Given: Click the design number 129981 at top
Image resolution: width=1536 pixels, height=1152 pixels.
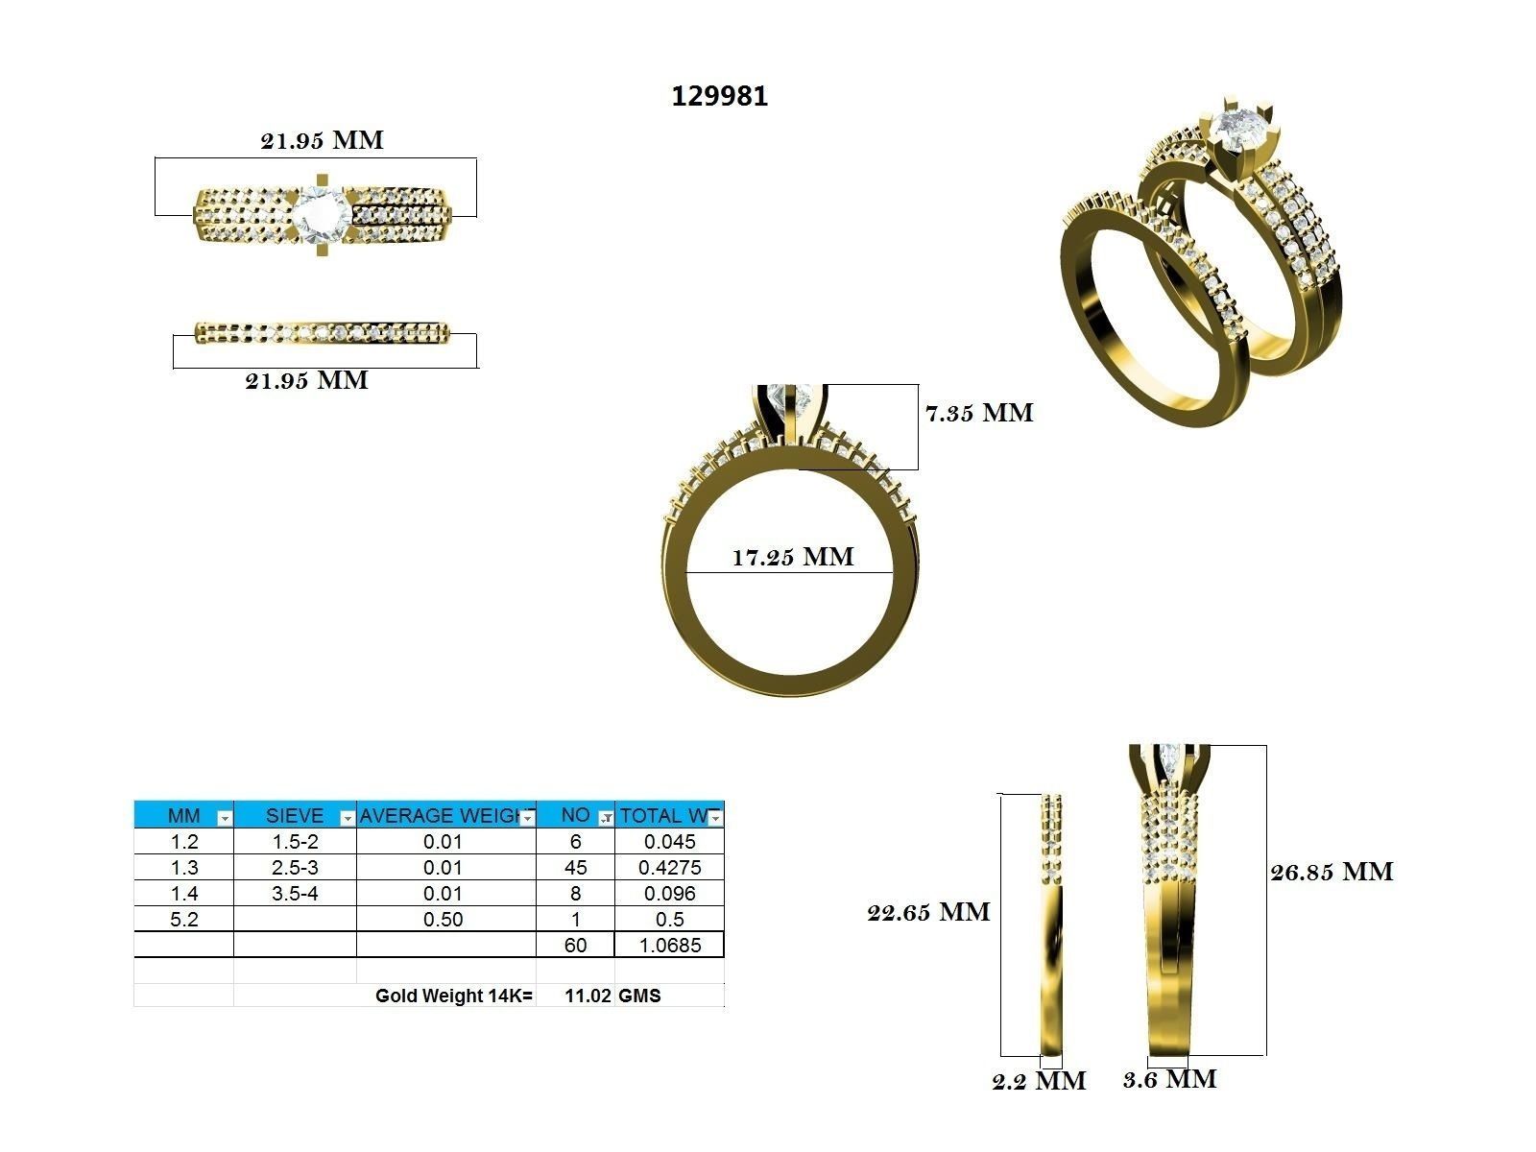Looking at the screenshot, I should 719,96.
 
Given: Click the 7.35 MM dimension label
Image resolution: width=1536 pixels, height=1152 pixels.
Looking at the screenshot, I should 978,413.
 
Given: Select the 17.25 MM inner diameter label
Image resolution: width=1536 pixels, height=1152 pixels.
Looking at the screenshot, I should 792,557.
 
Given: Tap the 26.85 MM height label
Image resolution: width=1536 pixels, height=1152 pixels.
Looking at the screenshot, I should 1332,872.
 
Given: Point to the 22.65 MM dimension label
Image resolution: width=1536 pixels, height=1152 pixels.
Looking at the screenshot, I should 928,912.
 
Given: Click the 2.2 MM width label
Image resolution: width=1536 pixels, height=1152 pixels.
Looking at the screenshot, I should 1039,1082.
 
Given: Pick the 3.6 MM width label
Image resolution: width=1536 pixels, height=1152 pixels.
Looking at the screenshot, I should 1169,1079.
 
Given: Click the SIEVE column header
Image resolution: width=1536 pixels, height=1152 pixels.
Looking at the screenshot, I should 294,816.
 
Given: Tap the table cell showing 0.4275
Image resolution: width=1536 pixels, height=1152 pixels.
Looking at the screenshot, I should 669,868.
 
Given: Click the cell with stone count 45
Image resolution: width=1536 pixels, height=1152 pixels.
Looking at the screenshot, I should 575,868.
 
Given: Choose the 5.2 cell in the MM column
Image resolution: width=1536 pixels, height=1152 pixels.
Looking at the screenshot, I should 183,920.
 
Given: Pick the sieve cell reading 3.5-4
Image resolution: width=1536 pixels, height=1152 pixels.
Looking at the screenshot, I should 294,894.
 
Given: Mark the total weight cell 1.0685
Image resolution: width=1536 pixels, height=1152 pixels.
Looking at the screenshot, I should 669,946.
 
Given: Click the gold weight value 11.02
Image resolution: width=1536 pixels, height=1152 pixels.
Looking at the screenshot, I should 588,996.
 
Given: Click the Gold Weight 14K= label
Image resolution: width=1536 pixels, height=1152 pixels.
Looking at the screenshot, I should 453,996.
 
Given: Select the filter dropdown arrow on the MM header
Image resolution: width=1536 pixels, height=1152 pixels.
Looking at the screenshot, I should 224,818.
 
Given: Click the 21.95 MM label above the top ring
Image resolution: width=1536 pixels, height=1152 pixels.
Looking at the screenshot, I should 322,140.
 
